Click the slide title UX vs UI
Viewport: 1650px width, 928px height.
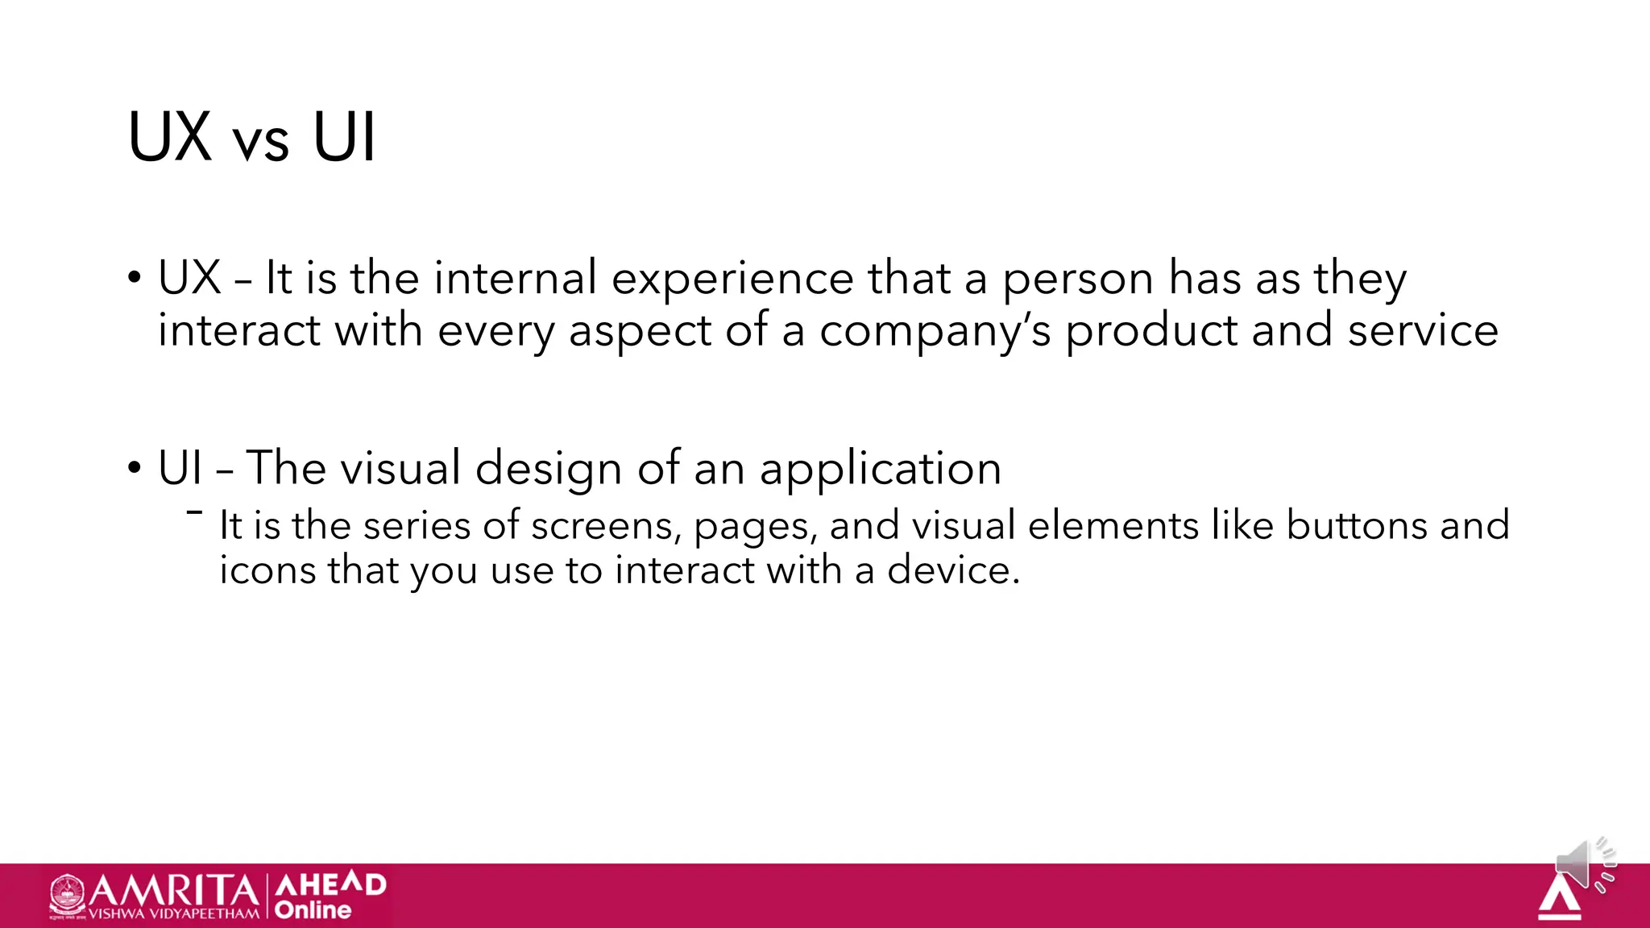coord(251,137)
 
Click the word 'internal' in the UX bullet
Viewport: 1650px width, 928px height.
coord(515,278)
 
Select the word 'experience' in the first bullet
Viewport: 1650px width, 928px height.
coord(732,280)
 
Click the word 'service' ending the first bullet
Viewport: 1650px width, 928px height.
coord(1423,330)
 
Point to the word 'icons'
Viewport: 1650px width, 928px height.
coord(267,570)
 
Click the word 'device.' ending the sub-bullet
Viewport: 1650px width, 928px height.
coord(953,570)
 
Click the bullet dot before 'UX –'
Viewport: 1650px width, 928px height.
coord(135,279)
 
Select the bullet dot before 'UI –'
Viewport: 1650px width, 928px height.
coord(135,468)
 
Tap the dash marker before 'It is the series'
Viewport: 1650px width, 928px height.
coord(193,511)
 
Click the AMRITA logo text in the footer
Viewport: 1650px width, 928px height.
coord(173,891)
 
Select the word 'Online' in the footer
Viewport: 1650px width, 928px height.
coord(313,910)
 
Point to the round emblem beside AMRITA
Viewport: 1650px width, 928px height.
coord(68,895)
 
